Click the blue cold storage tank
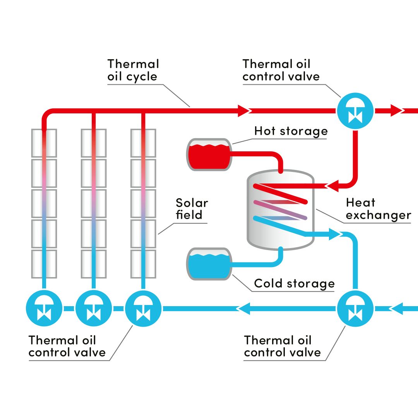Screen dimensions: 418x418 click(209, 264)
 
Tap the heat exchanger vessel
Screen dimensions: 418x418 click(280, 211)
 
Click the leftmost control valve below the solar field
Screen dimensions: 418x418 click(44, 308)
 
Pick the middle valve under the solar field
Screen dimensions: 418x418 click(93, 308)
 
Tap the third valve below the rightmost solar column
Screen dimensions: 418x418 click(143, 308)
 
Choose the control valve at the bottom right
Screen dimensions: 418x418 click(355, 308)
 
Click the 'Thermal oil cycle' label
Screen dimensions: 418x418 click(132, 70)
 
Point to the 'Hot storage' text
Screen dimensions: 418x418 click(291, 131)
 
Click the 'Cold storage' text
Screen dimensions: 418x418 click(294, 284)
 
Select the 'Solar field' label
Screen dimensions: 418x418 click(192, 209)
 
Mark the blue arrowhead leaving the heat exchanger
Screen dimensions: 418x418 click(335, 233)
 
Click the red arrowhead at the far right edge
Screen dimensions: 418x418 click(397, 110)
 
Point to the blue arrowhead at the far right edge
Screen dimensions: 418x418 click(396, 308)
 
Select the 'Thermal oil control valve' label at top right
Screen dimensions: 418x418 click(281, 70)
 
